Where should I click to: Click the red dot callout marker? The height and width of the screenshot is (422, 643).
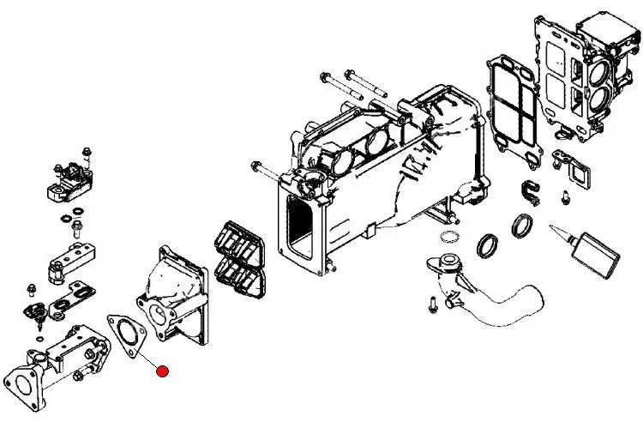pyautogui.click(x=162, y=371)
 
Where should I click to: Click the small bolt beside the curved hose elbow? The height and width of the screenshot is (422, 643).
pyautogui.click(x=433, y=301)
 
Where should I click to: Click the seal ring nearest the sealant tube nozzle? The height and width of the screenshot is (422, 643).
pyautogui.click(x=520, y=227)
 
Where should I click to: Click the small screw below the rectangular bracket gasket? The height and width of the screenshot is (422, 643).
pyautogui.click(x=564, y=198)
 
